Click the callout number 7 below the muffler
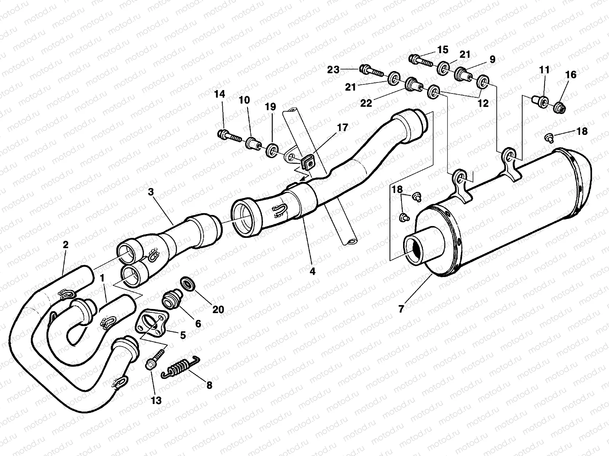400,309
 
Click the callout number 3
151,192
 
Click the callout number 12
483,103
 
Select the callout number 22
366,103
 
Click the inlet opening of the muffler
418,247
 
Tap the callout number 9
492,59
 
